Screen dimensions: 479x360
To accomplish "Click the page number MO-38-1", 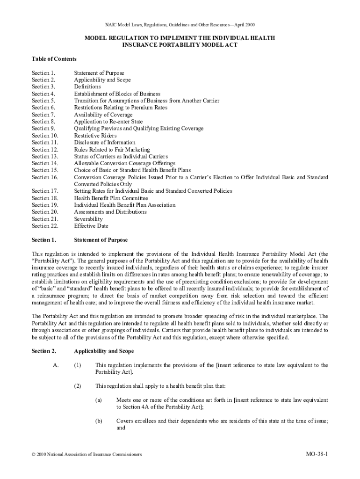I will (317, 454).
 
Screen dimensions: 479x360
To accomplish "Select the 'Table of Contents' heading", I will (54, 59).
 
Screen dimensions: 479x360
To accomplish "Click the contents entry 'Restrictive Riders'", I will (95, 136).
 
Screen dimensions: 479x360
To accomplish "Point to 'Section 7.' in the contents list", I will (43, 115).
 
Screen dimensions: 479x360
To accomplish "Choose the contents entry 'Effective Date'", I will (91, 226).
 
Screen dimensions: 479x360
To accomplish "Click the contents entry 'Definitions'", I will (87, 87).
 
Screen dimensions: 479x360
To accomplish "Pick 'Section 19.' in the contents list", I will (45, 205).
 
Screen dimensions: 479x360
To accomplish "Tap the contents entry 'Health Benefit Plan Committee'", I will (111, 198).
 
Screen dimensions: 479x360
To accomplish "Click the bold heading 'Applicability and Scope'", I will (104, 351).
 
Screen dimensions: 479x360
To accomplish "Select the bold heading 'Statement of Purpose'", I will (101, 240).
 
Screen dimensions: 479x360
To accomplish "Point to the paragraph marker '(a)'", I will (99, 400).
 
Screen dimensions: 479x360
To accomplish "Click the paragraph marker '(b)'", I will (99, 421).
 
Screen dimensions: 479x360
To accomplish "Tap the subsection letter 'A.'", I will (55, 365).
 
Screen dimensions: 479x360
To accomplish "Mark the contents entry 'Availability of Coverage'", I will (103, 115).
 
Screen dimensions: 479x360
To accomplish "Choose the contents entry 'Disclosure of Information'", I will (105, 142).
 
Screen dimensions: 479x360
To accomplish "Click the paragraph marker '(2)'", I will (78, 386).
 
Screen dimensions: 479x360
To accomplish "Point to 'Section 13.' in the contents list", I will (45, 156).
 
